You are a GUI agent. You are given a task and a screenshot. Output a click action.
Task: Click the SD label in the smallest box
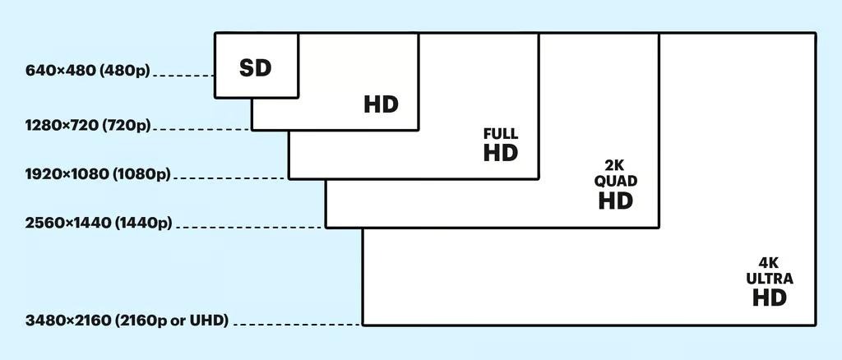pyautogui.click(x=255, y=68)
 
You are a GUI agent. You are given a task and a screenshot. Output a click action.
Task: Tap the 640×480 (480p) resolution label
pyautogui.click(x=88, y=71)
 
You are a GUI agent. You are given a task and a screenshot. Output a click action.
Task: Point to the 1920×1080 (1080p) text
pyautogui.click(x=98, y=174)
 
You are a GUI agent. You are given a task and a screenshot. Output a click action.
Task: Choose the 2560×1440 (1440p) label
pyautogui.click(x=99, y=223)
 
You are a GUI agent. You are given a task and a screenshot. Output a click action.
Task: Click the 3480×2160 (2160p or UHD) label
pyautogui.click(x=127, y=320)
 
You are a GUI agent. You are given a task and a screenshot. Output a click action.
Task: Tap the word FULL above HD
pyautogui.click(x=501, y=134)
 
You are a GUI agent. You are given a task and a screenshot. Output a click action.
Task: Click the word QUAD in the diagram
pyautogui.click(x=616, y=181)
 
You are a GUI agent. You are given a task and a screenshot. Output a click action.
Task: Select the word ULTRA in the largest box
pyautogui.click(x=770, y=279)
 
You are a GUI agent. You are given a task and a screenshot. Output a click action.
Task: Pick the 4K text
pyautogui.click(x=769, y=263)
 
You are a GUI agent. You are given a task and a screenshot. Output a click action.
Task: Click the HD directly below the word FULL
pyautogui.click(x=501, y=153)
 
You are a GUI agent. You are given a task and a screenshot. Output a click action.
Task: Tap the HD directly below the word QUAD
pyautogui.click(x=616, y=201)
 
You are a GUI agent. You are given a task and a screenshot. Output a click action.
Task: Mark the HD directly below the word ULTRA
pyautogui.click(x=770, y=298)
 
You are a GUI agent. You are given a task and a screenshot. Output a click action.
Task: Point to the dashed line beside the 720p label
pyautogui.click(x=203, y=129)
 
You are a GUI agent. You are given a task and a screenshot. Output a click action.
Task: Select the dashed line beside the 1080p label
pyautogui.click(x=230, y=178)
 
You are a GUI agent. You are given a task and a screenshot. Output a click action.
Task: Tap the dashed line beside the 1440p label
pyautogui.click(x=250, y=227)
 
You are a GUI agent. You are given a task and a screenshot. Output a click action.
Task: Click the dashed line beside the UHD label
pyautogui.click(x=296, y=325)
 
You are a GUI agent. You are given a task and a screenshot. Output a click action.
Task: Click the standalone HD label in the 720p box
pyautogui.click(x=381, y=104)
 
